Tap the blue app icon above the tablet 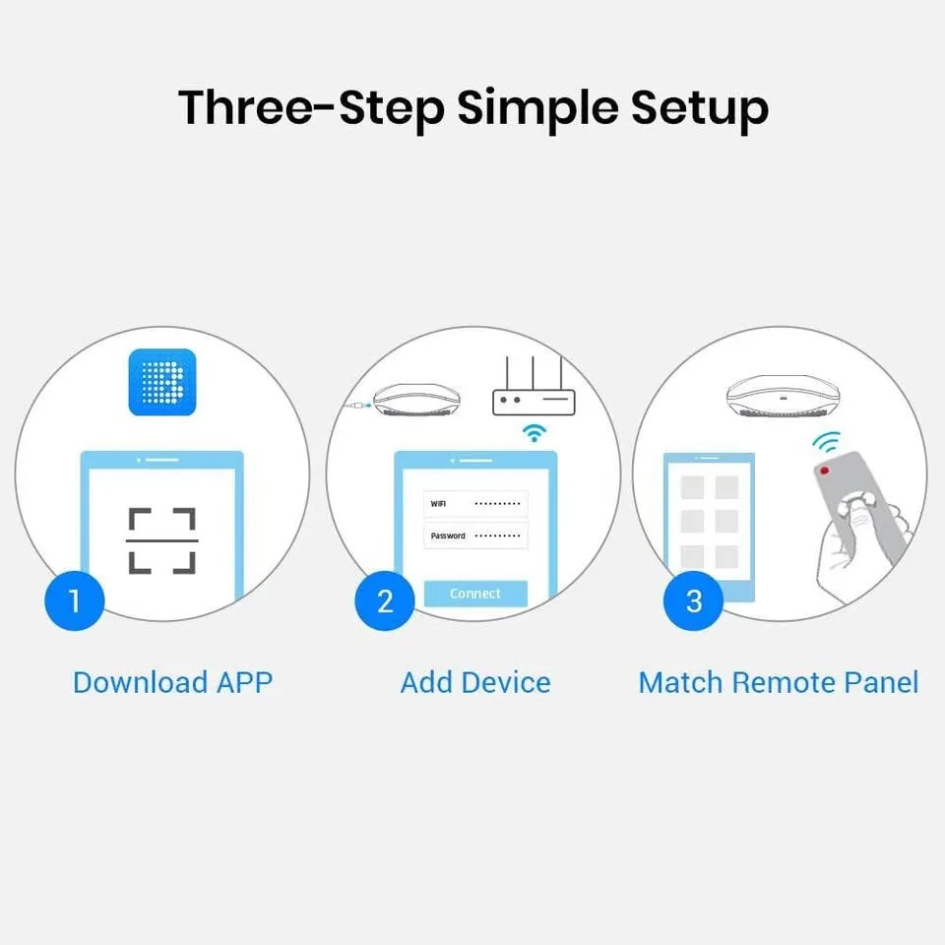[162, 382]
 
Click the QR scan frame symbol [162, 541]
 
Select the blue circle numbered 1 [75, 599]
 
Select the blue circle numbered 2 [385, 599]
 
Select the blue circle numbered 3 [693, 599]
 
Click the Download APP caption [172, 682]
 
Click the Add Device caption [475, 682]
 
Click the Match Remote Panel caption [778, 682]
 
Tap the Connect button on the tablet [475, 594]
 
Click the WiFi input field [476, 504]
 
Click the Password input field [476, 535]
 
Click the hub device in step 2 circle [414, 400]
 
